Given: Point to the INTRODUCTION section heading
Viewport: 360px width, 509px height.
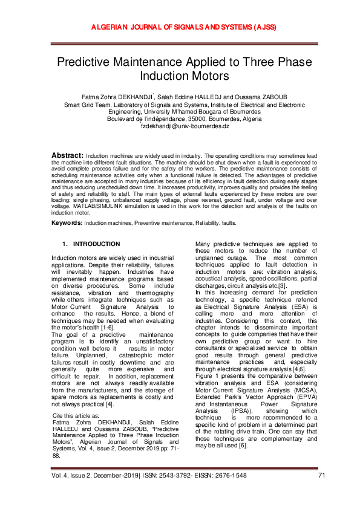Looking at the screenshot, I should pos(96,244).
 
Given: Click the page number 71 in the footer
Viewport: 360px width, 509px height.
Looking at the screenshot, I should pos(321,493).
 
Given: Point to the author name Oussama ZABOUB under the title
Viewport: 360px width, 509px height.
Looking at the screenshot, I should pos(272,97).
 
